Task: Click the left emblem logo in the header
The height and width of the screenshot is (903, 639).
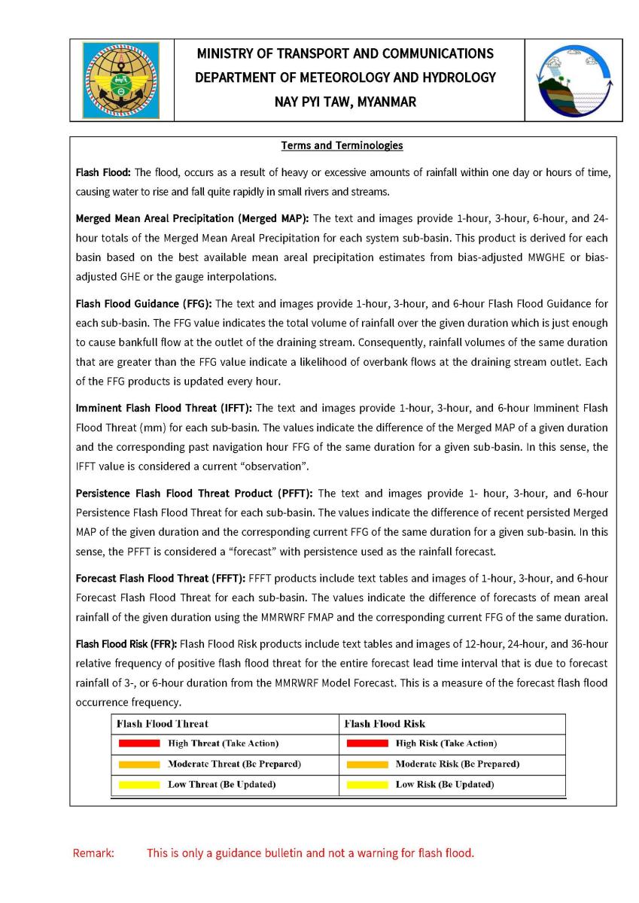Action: point(121,80)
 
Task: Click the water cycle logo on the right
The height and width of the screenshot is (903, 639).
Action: point(574,80)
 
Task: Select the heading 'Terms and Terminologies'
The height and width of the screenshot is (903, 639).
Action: point(342,145)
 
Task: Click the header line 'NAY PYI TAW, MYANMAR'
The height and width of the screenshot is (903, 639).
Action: point(345,102)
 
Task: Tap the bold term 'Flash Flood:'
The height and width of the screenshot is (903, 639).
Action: point(103,172)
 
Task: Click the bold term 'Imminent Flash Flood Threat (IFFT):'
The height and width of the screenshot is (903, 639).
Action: point(164,409)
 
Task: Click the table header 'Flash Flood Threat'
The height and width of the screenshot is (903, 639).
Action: point(163,724)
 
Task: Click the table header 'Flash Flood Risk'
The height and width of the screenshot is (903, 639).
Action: point(385,724)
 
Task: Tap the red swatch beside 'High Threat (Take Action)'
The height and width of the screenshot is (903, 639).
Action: point(138,743)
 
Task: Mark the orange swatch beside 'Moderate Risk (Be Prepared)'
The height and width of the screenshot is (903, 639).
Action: point(367,765)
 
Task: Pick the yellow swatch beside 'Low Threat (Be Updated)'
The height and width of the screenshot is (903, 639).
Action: point(138,785)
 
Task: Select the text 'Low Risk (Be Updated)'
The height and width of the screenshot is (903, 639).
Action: point(445,785)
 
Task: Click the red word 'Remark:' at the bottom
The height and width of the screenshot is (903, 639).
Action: point(93,853)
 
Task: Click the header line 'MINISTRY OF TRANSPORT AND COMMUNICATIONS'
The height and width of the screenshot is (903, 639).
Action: point(345,53)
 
